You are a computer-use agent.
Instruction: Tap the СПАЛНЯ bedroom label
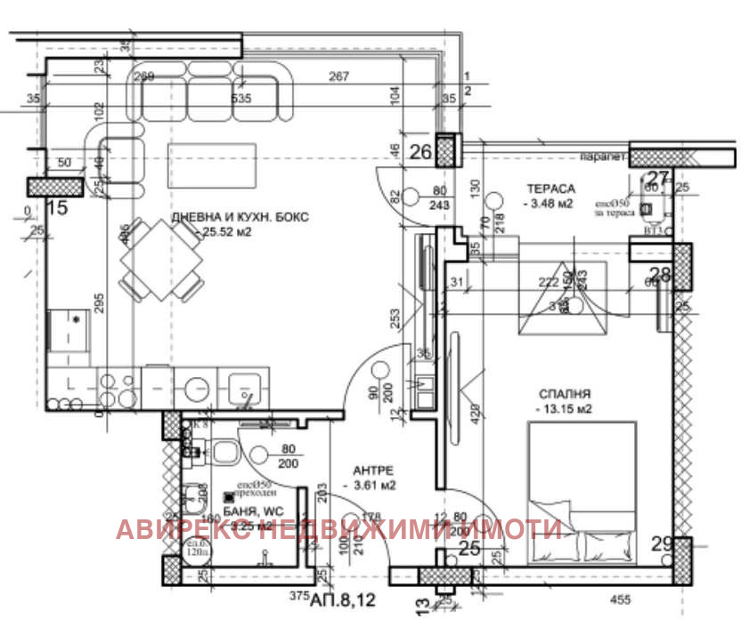point(565,393)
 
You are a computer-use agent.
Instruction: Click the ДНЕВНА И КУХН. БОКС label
point(240,217)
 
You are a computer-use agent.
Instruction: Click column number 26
point(419,152)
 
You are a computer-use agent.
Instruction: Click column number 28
point(659,274)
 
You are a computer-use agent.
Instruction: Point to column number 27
point(657,178)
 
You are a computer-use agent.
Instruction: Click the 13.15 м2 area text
point(565,409)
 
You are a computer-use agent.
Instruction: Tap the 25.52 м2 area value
point(226,233)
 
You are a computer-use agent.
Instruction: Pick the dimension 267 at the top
point(338,77)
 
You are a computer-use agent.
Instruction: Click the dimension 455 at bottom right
point(620,599)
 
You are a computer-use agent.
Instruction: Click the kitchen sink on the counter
point(242,389)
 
